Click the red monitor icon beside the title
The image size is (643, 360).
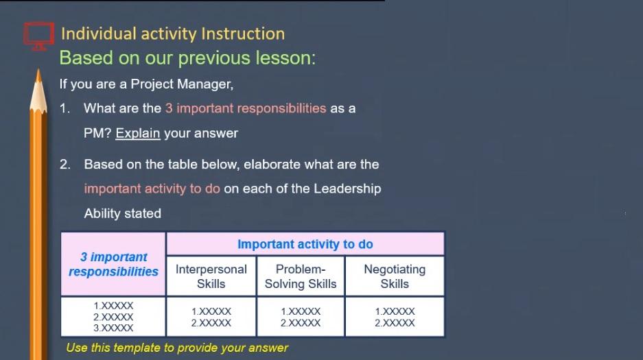pos(38,35)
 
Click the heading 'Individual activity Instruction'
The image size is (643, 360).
pos(172,34)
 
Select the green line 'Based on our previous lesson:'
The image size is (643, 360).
pos(187,58)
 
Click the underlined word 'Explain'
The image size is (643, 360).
pos(137,133)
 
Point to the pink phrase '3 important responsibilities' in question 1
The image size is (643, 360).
pos(245,108)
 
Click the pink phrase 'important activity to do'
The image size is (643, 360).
pos(152,189)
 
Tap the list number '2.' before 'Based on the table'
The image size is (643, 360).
pos(65,165)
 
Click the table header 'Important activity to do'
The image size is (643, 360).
pos(305,244)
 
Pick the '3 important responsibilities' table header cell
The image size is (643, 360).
pos(113,264)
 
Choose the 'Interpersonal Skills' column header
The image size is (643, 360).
pos(211,276)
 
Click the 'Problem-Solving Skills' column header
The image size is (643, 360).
pos(301,276)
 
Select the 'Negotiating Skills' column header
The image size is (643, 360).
pos(394,276)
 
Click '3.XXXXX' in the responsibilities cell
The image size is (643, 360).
pos(113,328)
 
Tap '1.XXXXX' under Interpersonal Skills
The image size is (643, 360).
pos(211,311)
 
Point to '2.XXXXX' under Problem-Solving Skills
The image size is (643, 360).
pos(301,323)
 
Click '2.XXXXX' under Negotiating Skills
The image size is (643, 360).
pos(395,323)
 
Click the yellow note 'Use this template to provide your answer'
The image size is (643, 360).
pos(177,348)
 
